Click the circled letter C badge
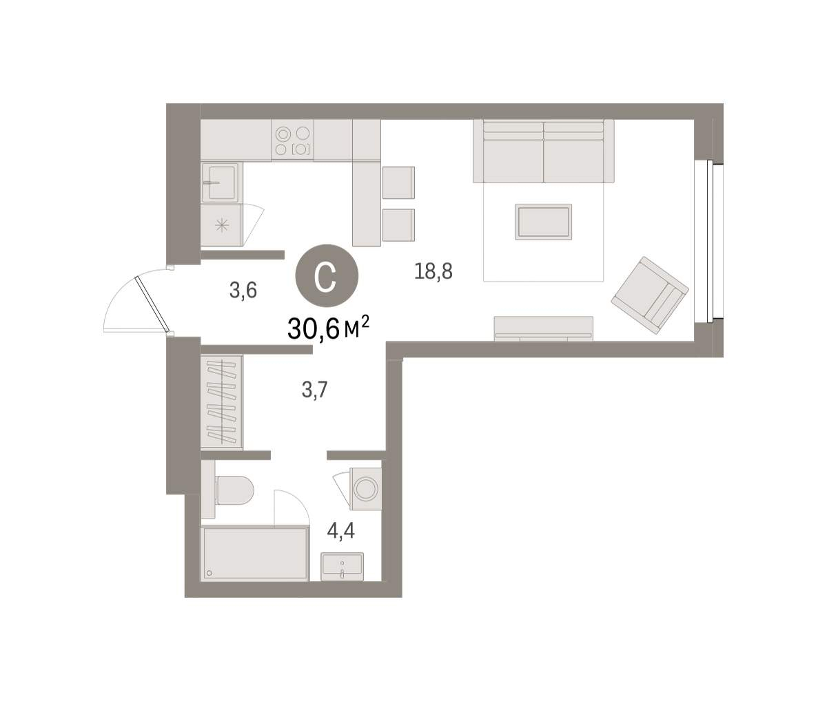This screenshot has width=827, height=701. [327, 276]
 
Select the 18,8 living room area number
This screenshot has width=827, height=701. [433, 271]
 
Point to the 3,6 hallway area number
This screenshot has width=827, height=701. [243, 291]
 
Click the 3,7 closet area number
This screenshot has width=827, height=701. [315, 390]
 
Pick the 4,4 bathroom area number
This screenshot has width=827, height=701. [341, 531]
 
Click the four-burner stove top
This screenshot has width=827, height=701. [292, 140]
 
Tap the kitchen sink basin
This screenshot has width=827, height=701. [220, 182]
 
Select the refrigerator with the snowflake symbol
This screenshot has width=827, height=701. [221, 225]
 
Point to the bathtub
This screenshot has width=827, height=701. [255, 554]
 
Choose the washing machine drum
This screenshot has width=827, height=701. [365, 489]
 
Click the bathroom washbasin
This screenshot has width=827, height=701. [342, 567]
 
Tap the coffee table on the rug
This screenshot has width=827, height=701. [543, 222]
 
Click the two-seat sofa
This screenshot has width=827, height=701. [543, 151]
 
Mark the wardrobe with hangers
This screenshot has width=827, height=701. [222, 401]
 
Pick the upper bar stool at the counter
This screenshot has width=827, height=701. [398, 182]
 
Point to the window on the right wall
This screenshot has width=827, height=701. [709, 242]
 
